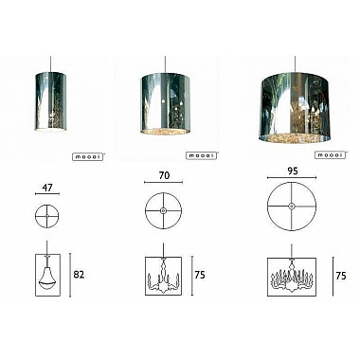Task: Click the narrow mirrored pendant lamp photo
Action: coord(50,100)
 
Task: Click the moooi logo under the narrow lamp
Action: coord(88,157)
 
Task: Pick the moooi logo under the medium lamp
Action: coord(203,155)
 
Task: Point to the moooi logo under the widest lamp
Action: coord(331,155)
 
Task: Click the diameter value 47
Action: coord(47,188)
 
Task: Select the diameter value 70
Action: coord(164,175)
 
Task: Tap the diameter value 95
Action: coord(293,171)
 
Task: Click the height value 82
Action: coord(79,275)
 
